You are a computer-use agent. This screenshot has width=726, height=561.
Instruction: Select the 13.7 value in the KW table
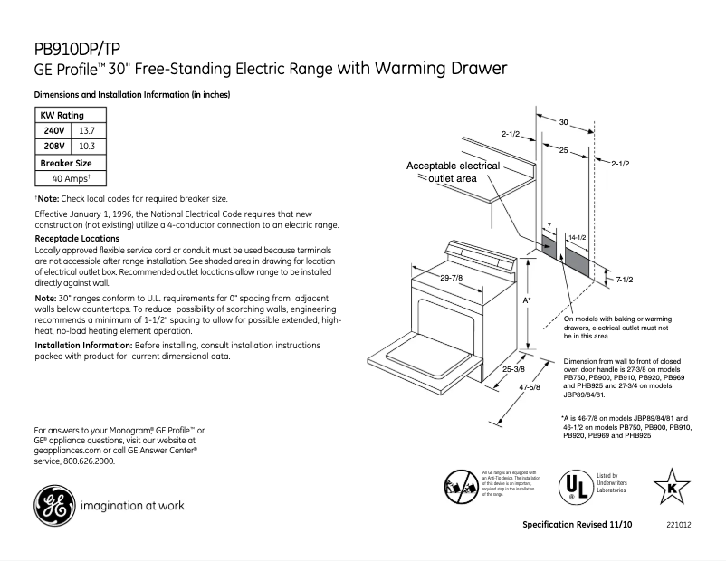tap(87, 130)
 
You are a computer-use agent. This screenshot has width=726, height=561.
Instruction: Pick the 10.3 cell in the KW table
tap(87, 145)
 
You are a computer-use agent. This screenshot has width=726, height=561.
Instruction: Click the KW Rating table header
tap(62, 116)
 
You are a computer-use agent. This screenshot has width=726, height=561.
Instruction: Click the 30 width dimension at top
tap(562, 121)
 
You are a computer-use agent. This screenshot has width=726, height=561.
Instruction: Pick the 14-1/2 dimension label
tap(577, 236)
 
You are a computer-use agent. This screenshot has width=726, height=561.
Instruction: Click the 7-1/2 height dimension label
tap(623, 280)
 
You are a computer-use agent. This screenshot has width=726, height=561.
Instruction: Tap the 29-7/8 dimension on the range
tap(452, 277)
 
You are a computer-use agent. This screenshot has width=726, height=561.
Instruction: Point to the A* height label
tap(527, 299)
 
